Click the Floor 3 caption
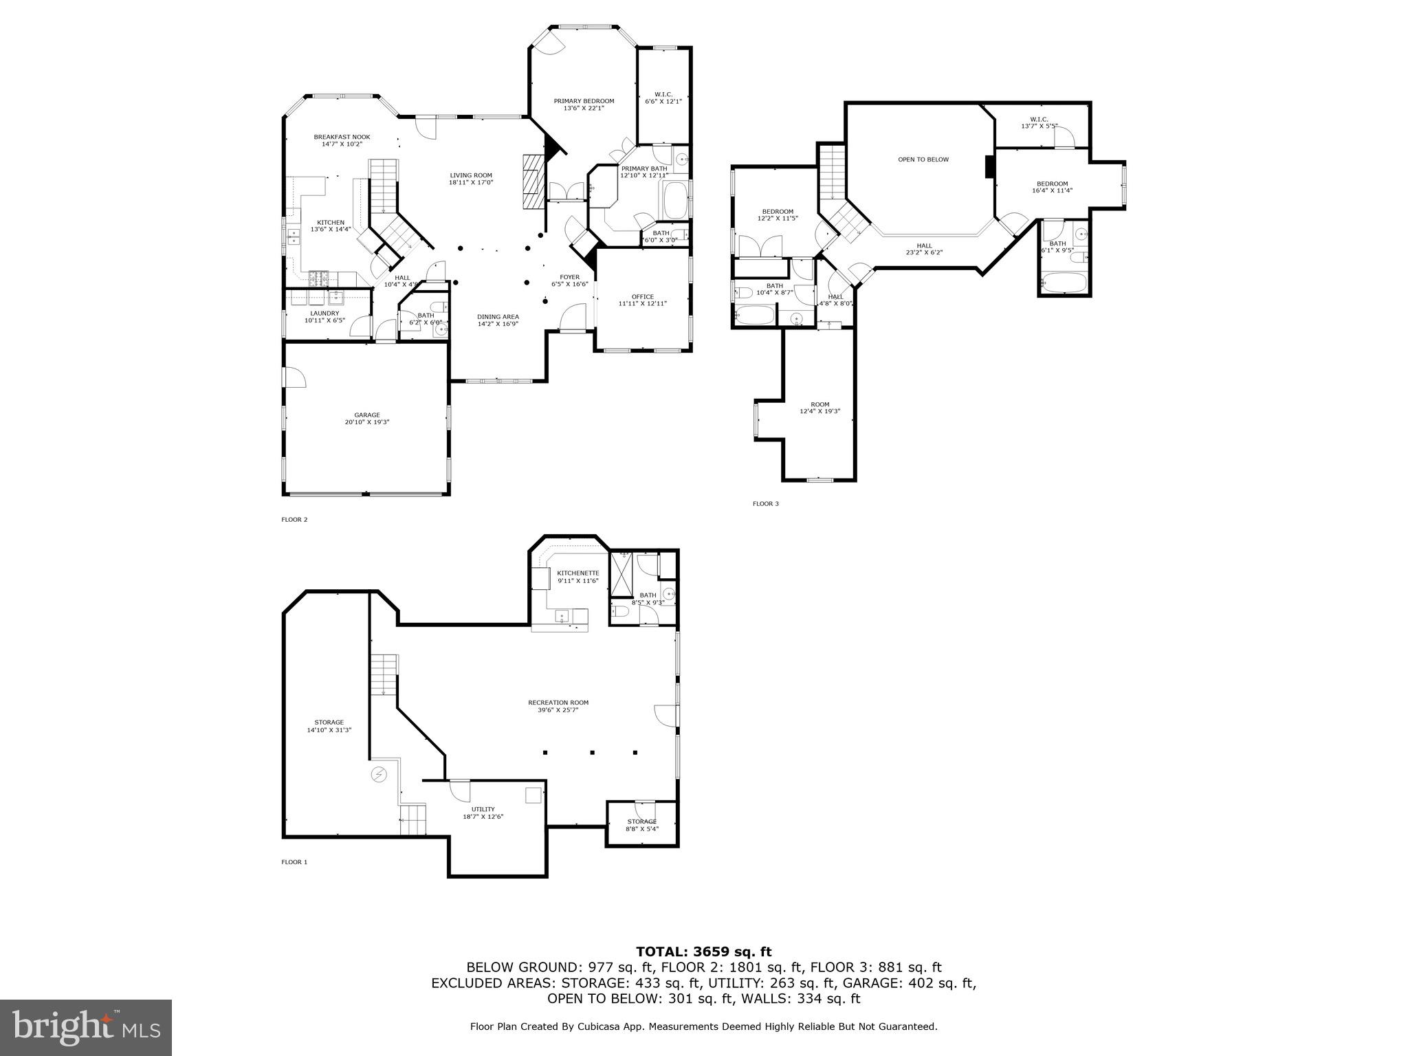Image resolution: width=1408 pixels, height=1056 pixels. tap(765, 504)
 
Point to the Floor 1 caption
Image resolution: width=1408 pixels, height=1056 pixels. tap(294, 862)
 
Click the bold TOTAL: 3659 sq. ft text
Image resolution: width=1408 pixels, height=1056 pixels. tap(703, 951)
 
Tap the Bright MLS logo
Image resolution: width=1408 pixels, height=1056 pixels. tap(85, 1027)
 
